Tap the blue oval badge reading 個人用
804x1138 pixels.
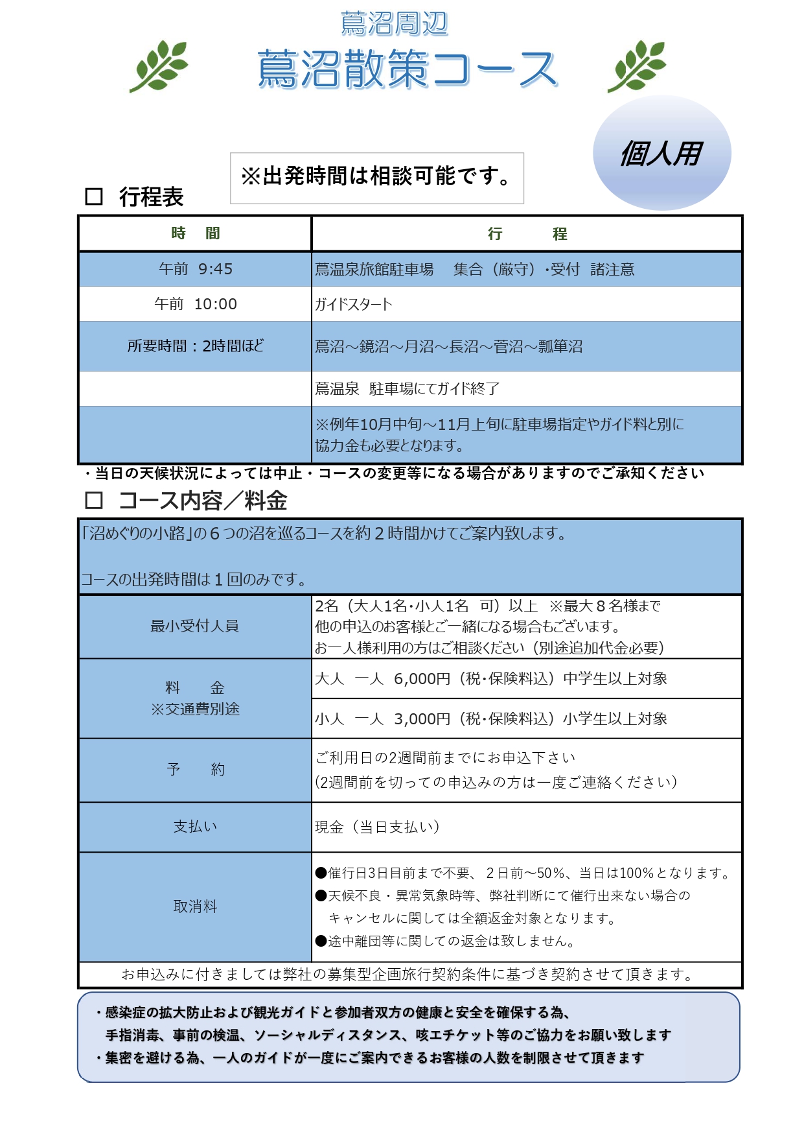point(661,153)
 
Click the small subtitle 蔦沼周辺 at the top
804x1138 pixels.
point(394,23)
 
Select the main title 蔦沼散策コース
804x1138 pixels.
point(407,69)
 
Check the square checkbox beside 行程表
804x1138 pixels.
point(94,196)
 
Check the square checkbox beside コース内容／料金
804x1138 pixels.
point(94,500)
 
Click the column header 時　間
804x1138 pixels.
point(195,233)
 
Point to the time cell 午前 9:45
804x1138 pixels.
point(195,269)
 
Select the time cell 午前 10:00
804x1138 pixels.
point(195,304)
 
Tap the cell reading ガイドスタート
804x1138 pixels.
point(354,304)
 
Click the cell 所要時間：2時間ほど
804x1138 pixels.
point(195,346)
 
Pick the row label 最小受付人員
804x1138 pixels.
point(195,626)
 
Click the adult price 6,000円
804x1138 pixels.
point(422,679)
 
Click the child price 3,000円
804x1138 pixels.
point(422,718)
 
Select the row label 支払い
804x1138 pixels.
point(195,826)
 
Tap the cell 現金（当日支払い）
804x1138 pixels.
point(377,827)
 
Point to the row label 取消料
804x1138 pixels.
point(195,907)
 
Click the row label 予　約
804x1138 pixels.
point(195,770)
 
